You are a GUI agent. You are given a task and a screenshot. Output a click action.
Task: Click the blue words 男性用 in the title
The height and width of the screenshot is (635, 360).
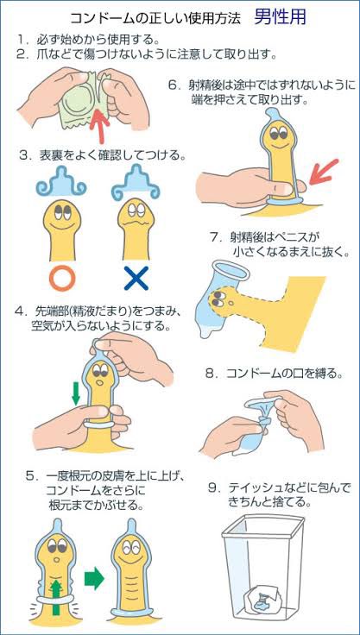tap(280, 16)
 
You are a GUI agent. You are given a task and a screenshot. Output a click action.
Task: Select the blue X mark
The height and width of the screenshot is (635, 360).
tap(136, 278)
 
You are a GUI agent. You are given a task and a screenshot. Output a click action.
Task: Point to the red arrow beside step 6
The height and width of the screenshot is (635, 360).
tap(323, 171)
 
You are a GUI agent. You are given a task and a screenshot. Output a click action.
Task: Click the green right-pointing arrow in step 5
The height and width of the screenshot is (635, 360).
tap(94, 577)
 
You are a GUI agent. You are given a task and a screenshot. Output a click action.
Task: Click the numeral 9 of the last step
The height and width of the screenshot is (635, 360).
tap(212, 488)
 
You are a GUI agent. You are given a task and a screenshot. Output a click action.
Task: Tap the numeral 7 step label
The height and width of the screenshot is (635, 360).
tap(214, 236)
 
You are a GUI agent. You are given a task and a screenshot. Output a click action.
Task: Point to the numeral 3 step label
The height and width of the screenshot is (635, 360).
tap(24, 154)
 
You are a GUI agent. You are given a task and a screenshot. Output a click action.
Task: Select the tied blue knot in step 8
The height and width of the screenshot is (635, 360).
tap(262, 423)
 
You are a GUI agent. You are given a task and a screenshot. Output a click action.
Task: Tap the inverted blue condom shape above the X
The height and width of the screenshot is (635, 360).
tap(136, 183)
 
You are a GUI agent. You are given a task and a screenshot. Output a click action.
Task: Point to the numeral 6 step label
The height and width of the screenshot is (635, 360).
tap(174, 86)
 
